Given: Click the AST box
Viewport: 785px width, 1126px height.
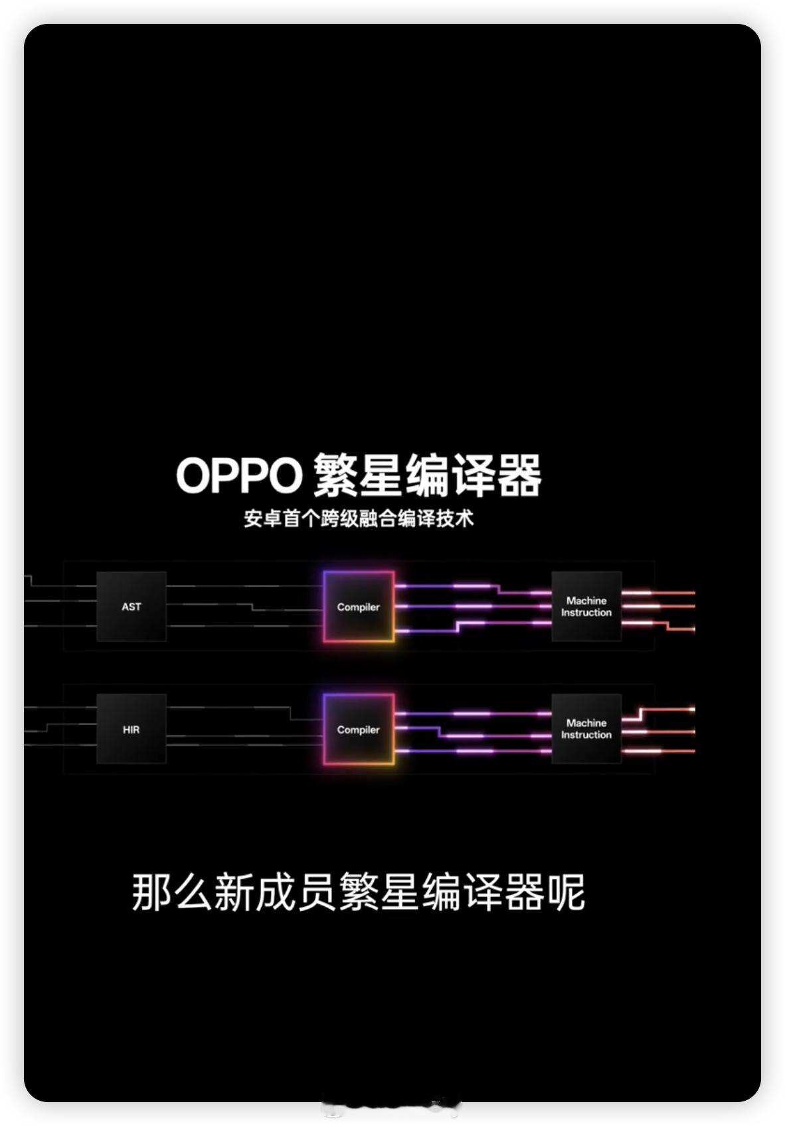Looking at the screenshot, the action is [131, 606].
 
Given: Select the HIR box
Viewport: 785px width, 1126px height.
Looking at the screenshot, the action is [131, 729].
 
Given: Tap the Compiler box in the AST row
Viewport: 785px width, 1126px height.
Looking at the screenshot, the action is [359, 607].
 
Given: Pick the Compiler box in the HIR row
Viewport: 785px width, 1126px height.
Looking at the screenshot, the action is [359, 729].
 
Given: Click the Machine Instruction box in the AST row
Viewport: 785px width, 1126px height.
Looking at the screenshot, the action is [586, 606].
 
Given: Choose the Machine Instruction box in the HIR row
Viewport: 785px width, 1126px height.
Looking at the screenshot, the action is [586, 728].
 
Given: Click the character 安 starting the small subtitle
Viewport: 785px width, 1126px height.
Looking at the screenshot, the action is [253, 519].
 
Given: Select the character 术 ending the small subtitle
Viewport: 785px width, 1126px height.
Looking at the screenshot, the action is [464, 519].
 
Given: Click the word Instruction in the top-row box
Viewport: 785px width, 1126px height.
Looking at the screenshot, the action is [586, 613].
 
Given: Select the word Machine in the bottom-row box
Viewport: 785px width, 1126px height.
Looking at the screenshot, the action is [586, 722].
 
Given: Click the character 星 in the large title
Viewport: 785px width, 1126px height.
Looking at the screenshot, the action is [381, 475].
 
